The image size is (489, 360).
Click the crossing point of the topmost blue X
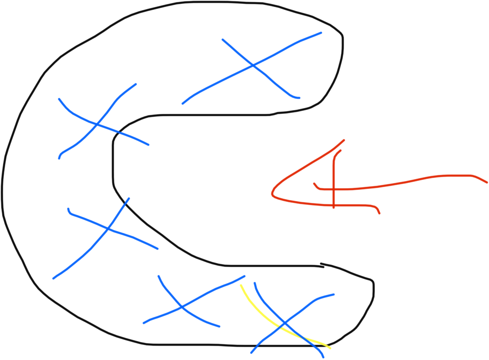point(253,65)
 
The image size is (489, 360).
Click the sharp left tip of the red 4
point(272,194)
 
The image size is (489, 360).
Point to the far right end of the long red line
point(487,182)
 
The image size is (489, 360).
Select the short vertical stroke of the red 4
point(334,171)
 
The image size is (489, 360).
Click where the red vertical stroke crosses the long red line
point(334,190)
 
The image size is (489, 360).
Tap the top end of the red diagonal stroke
point(344,140)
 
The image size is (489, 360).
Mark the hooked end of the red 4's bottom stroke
point(379,213)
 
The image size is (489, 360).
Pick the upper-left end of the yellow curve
point(241,285)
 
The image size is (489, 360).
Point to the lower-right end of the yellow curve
point(330,348)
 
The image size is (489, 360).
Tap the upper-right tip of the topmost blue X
point(321,33)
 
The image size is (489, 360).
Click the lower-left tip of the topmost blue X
point(183,103)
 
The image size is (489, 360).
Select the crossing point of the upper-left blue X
point(97,125)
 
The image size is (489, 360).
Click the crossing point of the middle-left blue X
point(108,229)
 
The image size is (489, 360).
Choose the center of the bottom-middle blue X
point(182,308)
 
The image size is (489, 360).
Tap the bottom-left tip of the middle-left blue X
point(53,279)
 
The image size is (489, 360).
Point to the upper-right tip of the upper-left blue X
point(136,84)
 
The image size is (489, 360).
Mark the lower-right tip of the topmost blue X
point(299,98)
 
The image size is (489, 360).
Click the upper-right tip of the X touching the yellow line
point(334,294)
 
